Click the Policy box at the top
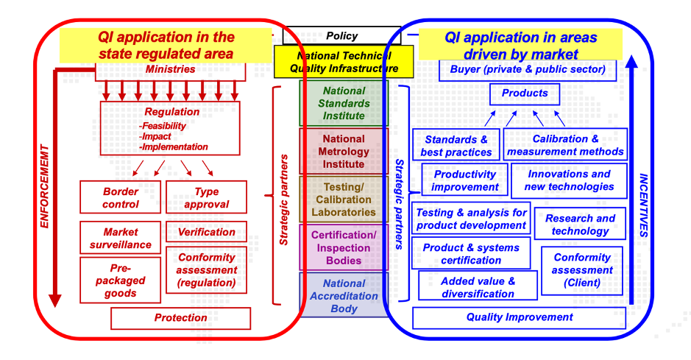coord(341,35)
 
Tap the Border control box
coord(121,198)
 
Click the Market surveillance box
coord(121,238)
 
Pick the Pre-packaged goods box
coord(121,280)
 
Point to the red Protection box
coord(180,318)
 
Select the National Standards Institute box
coord(344,103)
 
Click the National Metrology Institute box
coord(344,151)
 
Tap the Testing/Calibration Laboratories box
coord(344,200)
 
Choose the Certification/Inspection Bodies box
coord(344,248)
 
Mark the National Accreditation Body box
coord(344,296)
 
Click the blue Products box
coord(525,93)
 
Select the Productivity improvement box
coord(464,180)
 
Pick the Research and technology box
coord(581,225)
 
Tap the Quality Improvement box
coord(519,317)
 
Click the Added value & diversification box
coord(478,287)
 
